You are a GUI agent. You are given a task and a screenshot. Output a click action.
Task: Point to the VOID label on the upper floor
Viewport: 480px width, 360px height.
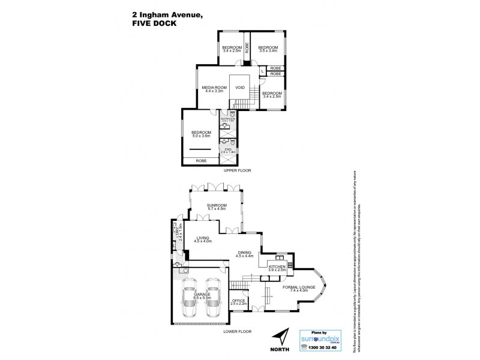coord(240,88)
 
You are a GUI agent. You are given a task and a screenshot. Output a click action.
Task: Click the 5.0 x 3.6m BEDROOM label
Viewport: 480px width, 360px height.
coord(201,134)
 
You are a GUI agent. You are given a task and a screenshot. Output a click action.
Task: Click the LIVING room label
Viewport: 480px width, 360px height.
coord(203,240)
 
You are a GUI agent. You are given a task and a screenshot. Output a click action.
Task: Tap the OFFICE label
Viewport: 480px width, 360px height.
coord(238,302)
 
